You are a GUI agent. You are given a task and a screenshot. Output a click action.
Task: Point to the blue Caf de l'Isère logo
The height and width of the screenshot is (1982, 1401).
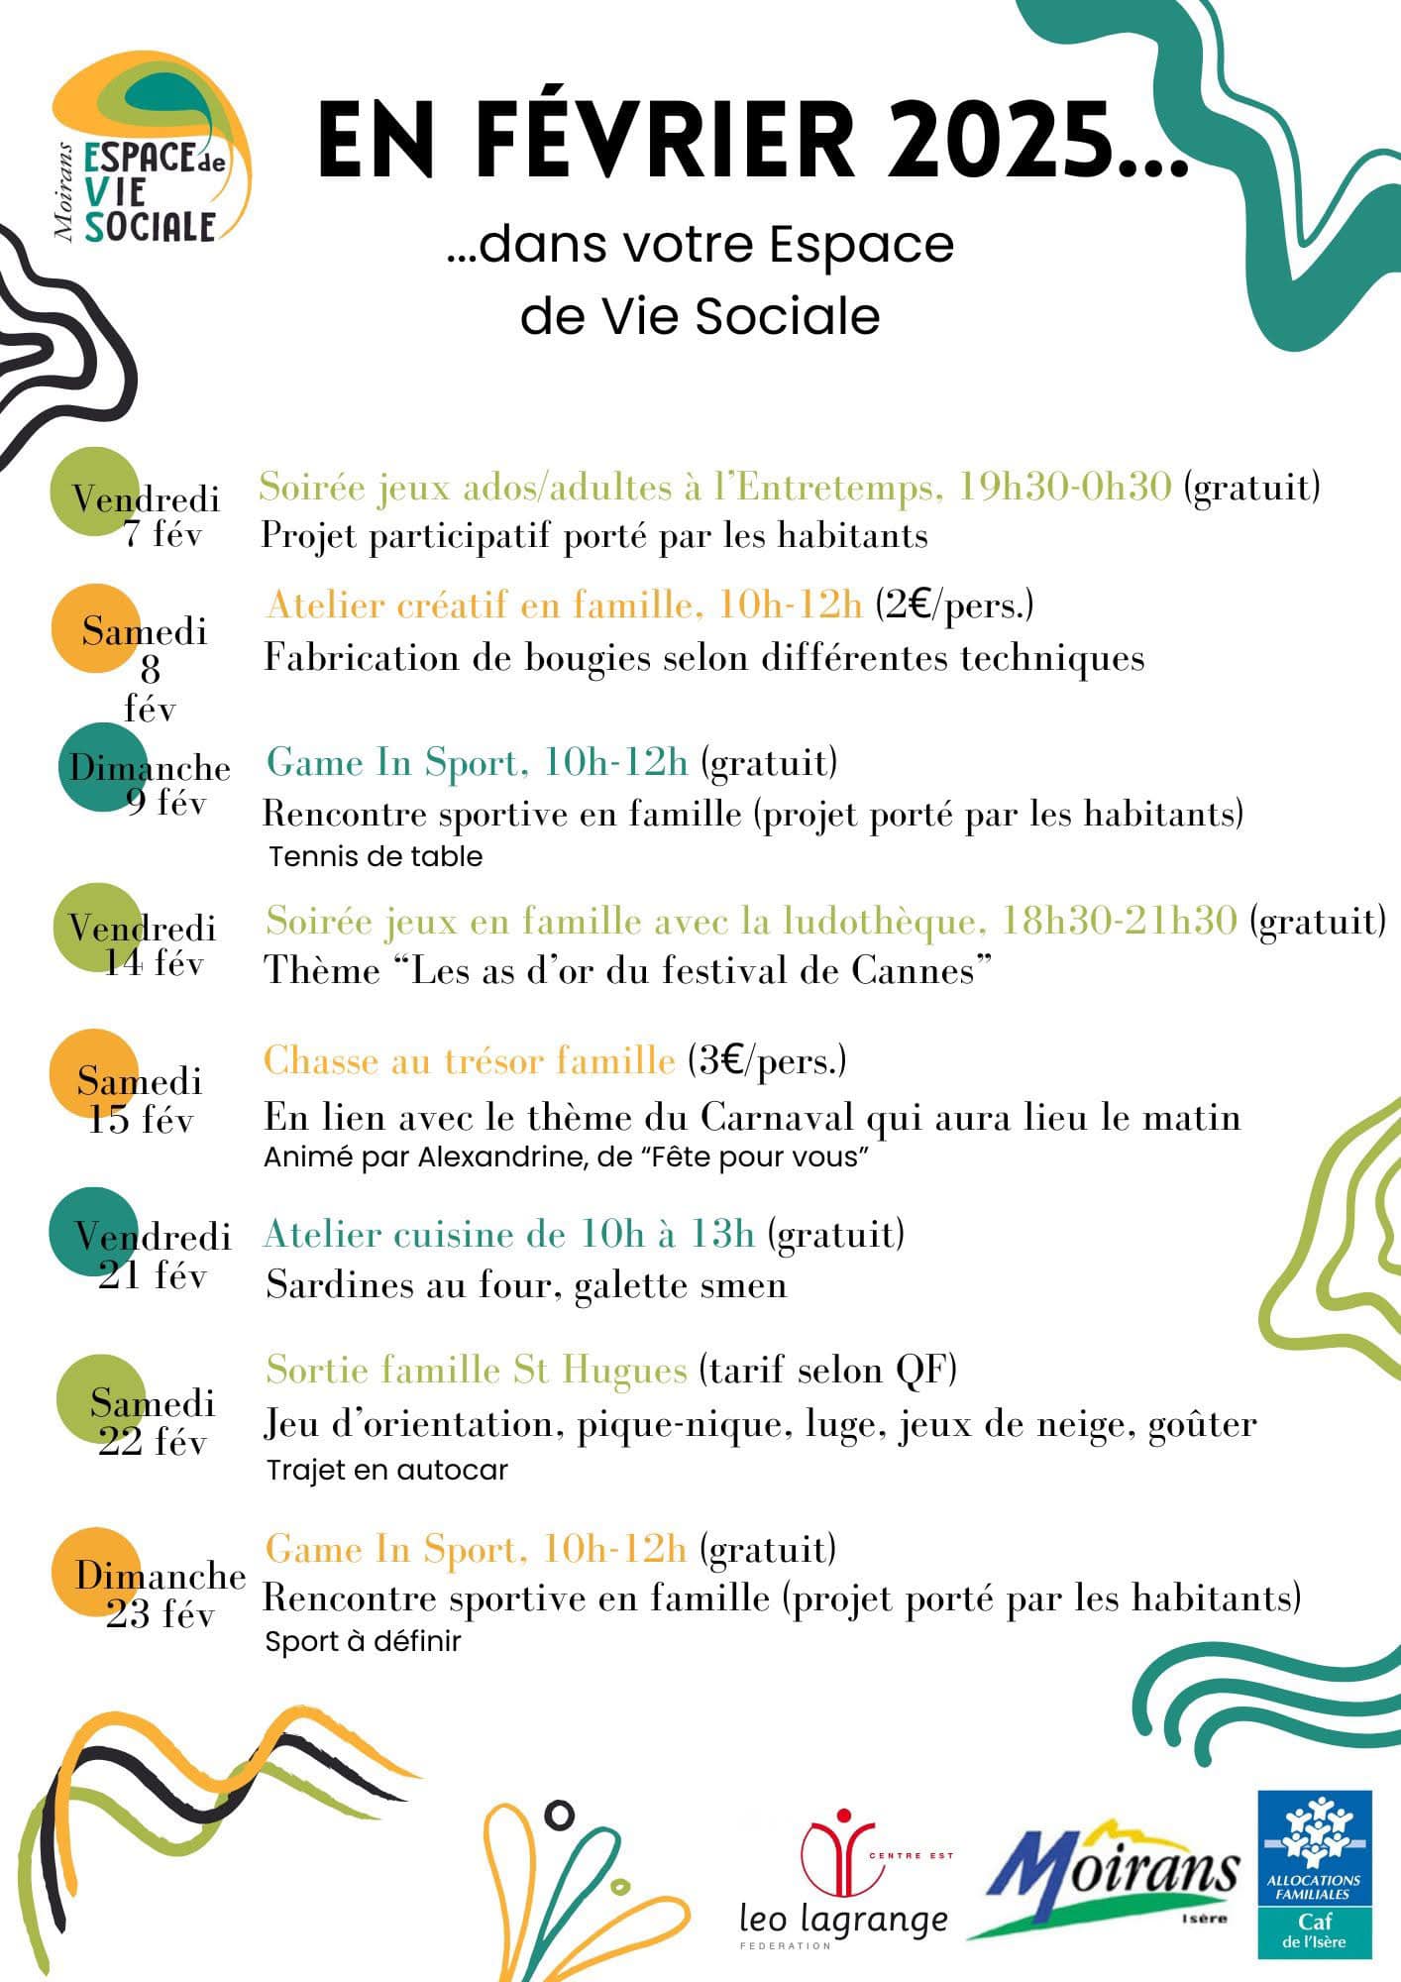1314,1873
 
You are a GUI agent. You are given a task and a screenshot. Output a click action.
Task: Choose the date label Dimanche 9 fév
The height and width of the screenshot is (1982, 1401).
149,784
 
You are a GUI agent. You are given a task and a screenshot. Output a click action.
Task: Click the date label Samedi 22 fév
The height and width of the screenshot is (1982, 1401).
153,1421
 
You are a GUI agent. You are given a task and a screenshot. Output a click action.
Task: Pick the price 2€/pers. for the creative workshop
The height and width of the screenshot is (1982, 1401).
954,605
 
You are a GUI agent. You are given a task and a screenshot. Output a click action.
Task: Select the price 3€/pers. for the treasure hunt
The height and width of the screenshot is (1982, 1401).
768,1061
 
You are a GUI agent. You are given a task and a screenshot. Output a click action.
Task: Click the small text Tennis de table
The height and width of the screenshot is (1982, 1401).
376,856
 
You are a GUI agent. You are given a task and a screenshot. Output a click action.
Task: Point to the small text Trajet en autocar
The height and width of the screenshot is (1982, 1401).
386,1470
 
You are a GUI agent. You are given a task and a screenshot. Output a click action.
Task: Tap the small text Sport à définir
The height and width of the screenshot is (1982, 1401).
363,1642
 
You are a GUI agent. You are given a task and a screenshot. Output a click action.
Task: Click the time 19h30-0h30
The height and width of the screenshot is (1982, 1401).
1065,487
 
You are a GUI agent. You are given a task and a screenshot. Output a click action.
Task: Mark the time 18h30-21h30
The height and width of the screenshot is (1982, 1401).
1119,922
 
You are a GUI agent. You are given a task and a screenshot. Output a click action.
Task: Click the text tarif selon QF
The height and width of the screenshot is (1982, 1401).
828,1371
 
